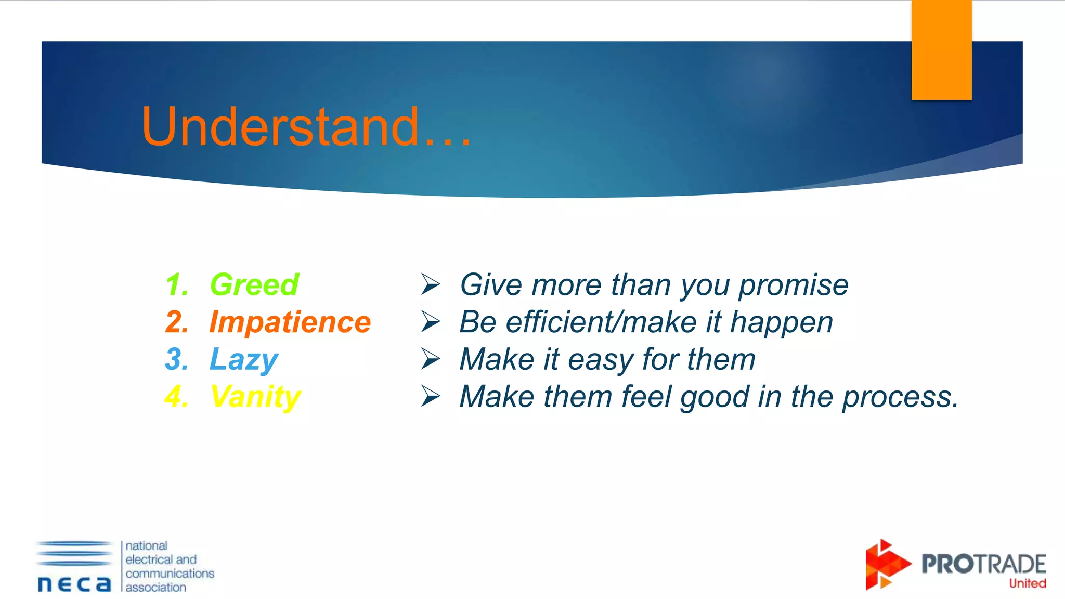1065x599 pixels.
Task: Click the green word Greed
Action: (x=254, y=284)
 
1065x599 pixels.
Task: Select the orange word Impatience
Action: (x=290, y=322)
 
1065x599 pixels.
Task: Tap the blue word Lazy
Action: (x=243, y=359)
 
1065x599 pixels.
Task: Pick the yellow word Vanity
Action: (x=255, y=397)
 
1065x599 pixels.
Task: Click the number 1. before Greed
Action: (x=177, y=285)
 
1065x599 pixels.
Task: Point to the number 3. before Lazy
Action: (x=177, y=359)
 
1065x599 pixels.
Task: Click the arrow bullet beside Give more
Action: (x=431, y=284)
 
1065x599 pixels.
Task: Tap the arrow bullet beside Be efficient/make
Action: (x=431, y=322)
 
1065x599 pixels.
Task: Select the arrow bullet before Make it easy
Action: (x=431, y=359)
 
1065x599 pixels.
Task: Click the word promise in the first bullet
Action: (x=794, y=285)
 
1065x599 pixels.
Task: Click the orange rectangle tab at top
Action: (x=941, y=50)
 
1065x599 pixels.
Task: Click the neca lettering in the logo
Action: (x=74, y=584)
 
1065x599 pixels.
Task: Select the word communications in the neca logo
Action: (x=170, y=574)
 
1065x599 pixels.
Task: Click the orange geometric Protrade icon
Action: (x=886, y=565)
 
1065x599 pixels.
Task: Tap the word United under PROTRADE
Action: (x=1027, y=583)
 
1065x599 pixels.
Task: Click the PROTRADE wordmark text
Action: (x=983, y=564)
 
